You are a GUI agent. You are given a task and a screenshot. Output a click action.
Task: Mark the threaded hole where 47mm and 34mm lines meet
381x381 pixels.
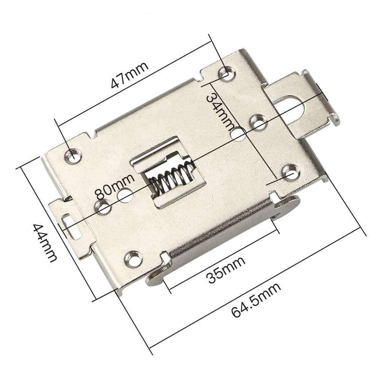(x=227, y=72)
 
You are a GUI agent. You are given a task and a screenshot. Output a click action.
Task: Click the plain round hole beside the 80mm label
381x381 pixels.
(x=125, y=195)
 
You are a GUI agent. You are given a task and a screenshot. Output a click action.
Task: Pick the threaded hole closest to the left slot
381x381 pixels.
(x=104, y=208)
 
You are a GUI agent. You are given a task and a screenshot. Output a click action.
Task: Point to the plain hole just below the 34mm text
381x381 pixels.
(x=238, y=134)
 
